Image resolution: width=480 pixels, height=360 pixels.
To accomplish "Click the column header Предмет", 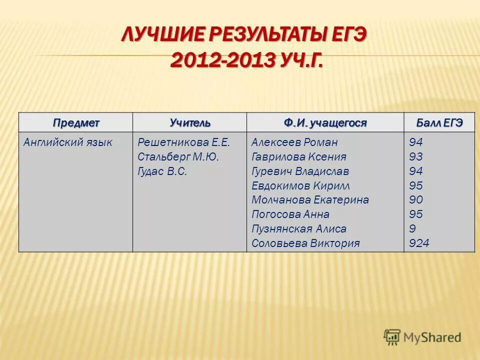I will tap(76, 123).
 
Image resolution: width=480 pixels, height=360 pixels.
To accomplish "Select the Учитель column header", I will tap(190, 123).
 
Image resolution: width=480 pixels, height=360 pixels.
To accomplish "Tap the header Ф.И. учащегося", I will tap(325, 123).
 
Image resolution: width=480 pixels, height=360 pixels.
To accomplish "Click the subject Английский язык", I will tap(68, 142).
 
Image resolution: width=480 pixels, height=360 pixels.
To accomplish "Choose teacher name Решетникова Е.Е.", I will tap(183, 142).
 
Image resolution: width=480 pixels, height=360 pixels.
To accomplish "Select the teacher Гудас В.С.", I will tap(162, 171).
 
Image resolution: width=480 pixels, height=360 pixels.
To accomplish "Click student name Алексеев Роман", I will tap(294, 142).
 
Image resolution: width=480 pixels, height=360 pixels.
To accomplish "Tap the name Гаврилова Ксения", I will tap(299, 157).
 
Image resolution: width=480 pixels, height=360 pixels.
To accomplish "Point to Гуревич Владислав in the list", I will tap(300, 171).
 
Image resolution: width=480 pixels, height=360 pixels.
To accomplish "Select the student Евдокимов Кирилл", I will tap(300, 186).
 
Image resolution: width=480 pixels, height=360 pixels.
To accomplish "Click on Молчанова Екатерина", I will tap(310, 200).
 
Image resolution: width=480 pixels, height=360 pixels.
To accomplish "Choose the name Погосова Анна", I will tap(290, 214).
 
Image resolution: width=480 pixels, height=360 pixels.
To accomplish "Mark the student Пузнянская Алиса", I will tap(299, 229).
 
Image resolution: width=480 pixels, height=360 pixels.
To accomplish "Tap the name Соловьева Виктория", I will tap(305, 243).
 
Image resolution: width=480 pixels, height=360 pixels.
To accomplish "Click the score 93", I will tap(416, 157).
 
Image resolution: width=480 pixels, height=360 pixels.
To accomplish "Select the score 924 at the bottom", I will tap(419, 243).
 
